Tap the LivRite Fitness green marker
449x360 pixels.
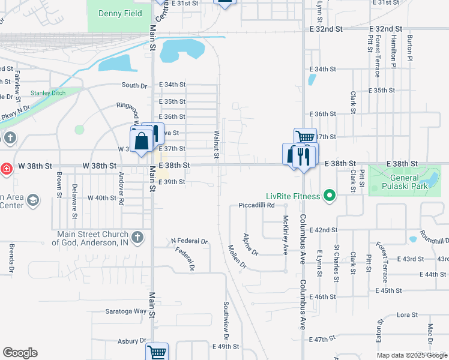point(328,196)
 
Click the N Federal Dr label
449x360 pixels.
point(189,241)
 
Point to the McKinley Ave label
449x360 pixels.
point(285,235)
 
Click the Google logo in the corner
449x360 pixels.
point(20,353)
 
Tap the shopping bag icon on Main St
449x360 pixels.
point(142,142)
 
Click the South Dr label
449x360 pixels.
point(134,86)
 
